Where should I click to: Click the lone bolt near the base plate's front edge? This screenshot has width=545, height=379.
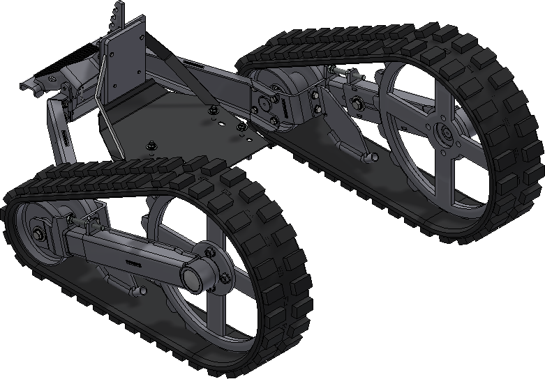[x=150, y=146]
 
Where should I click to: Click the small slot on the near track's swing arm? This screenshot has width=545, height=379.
[x=133, y=264]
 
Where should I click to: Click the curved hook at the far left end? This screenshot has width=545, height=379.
[x=27, y=86]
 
